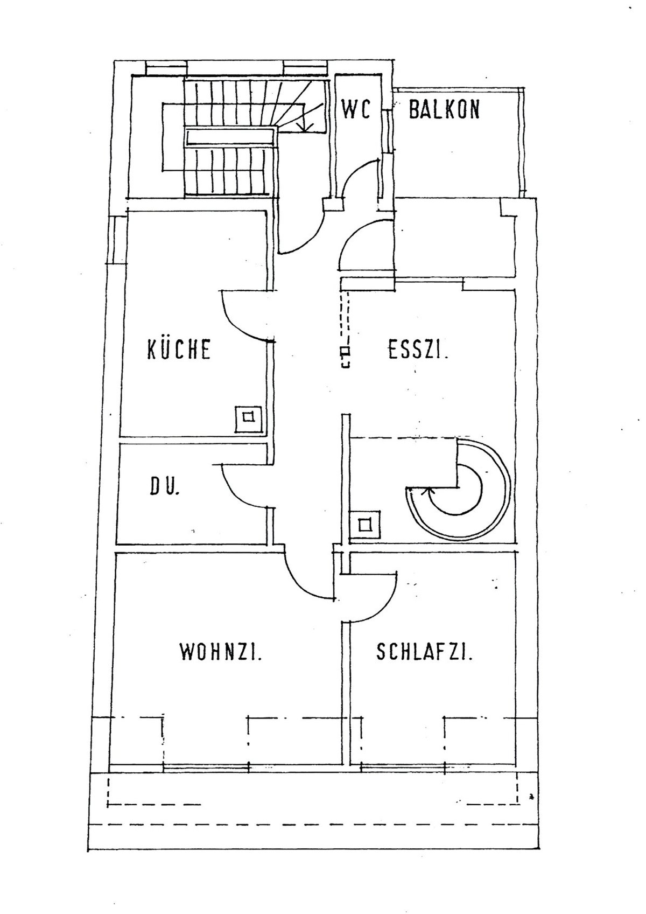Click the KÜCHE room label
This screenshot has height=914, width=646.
[x=179, y=349]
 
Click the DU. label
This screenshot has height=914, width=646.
[x=164, y=486]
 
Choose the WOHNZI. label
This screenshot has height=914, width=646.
[x=221, y=652]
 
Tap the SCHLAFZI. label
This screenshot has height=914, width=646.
[x=424, y=652]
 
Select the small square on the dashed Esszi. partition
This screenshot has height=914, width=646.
[x=346, y=350]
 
